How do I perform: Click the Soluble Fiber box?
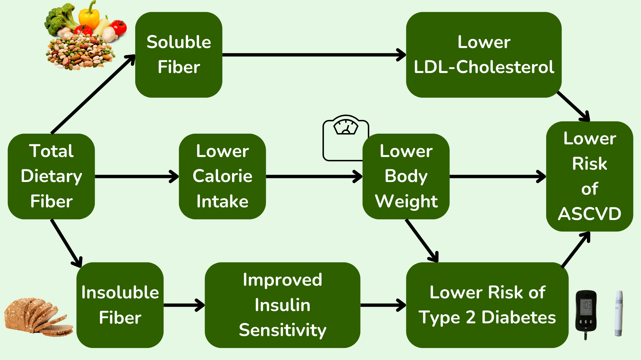179,55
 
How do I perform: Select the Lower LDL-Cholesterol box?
483,55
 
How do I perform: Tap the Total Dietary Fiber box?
51,176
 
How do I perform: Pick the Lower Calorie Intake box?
222,176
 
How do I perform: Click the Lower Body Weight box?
406,176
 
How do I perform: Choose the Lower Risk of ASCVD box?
590,176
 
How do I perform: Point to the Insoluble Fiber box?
120,305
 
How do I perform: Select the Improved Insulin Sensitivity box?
282,305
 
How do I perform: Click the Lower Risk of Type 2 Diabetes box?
487,305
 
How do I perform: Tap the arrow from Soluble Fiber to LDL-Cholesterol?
314,55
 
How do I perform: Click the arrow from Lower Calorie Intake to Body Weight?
314,176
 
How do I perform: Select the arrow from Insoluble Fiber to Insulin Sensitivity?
184,305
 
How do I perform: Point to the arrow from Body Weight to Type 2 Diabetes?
421,240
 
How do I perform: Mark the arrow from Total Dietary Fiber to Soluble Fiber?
93,95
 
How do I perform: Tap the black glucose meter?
586,313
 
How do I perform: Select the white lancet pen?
619,313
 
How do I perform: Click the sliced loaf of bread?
37,317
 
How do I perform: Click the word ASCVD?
590,214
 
